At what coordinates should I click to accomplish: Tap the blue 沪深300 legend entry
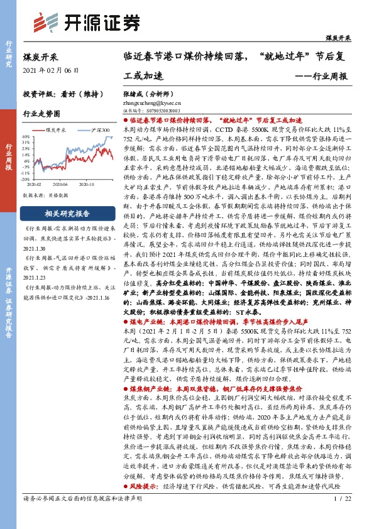[88, 129]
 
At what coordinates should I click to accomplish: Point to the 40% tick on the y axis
[26, 136]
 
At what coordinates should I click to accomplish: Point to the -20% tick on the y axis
[25, 178]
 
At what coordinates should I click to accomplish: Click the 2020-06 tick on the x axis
[61, 185]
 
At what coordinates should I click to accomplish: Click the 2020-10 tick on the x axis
[87, 185]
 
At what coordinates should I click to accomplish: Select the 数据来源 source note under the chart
[48, 195]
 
